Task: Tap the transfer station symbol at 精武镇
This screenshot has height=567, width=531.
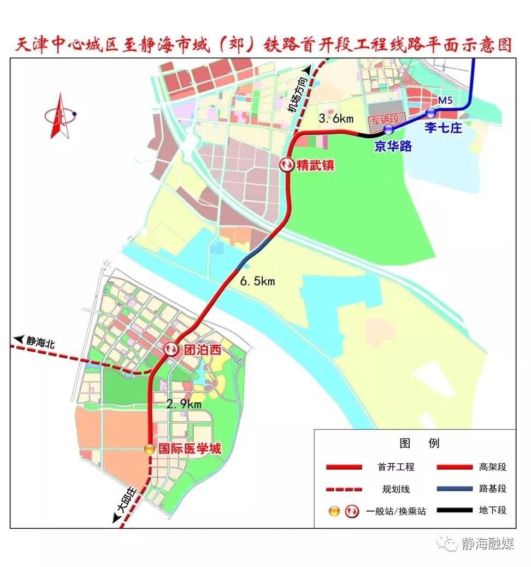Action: pos(287,164)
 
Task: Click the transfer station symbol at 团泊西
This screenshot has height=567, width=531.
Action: pos(170,349)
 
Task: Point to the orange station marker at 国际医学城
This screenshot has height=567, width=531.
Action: pos(149,449)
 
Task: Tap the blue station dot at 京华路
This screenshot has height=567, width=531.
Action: pos(388,129)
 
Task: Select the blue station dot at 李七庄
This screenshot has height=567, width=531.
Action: pos(431,113)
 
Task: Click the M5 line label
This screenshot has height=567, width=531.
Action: pos(446,101)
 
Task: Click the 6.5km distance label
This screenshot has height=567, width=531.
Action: pos(258,281)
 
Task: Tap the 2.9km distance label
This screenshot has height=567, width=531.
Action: pos(184,404)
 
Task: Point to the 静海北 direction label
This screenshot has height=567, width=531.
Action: pos(39,340)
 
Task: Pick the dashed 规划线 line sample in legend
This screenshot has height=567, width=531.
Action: pos(344,488)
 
